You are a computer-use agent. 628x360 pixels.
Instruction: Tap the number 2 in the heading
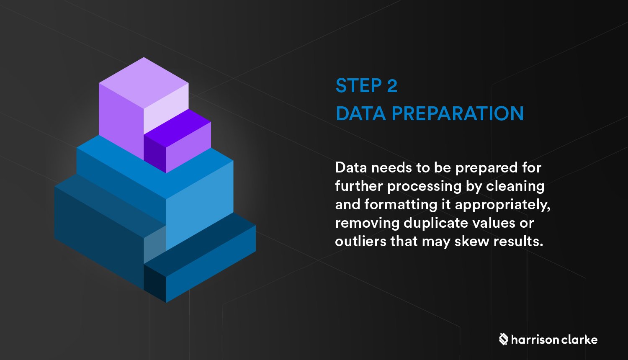[392, 86]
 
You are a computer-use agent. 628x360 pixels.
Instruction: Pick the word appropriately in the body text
[502, 205]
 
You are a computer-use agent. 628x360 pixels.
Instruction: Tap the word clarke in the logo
[579, 339]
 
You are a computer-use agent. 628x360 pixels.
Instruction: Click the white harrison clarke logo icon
[503, 339]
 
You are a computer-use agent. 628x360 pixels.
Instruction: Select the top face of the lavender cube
[144, 82]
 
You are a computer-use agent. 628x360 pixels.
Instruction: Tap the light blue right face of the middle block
[199, 201]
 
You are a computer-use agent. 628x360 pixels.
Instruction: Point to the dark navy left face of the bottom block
[98, 234]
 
